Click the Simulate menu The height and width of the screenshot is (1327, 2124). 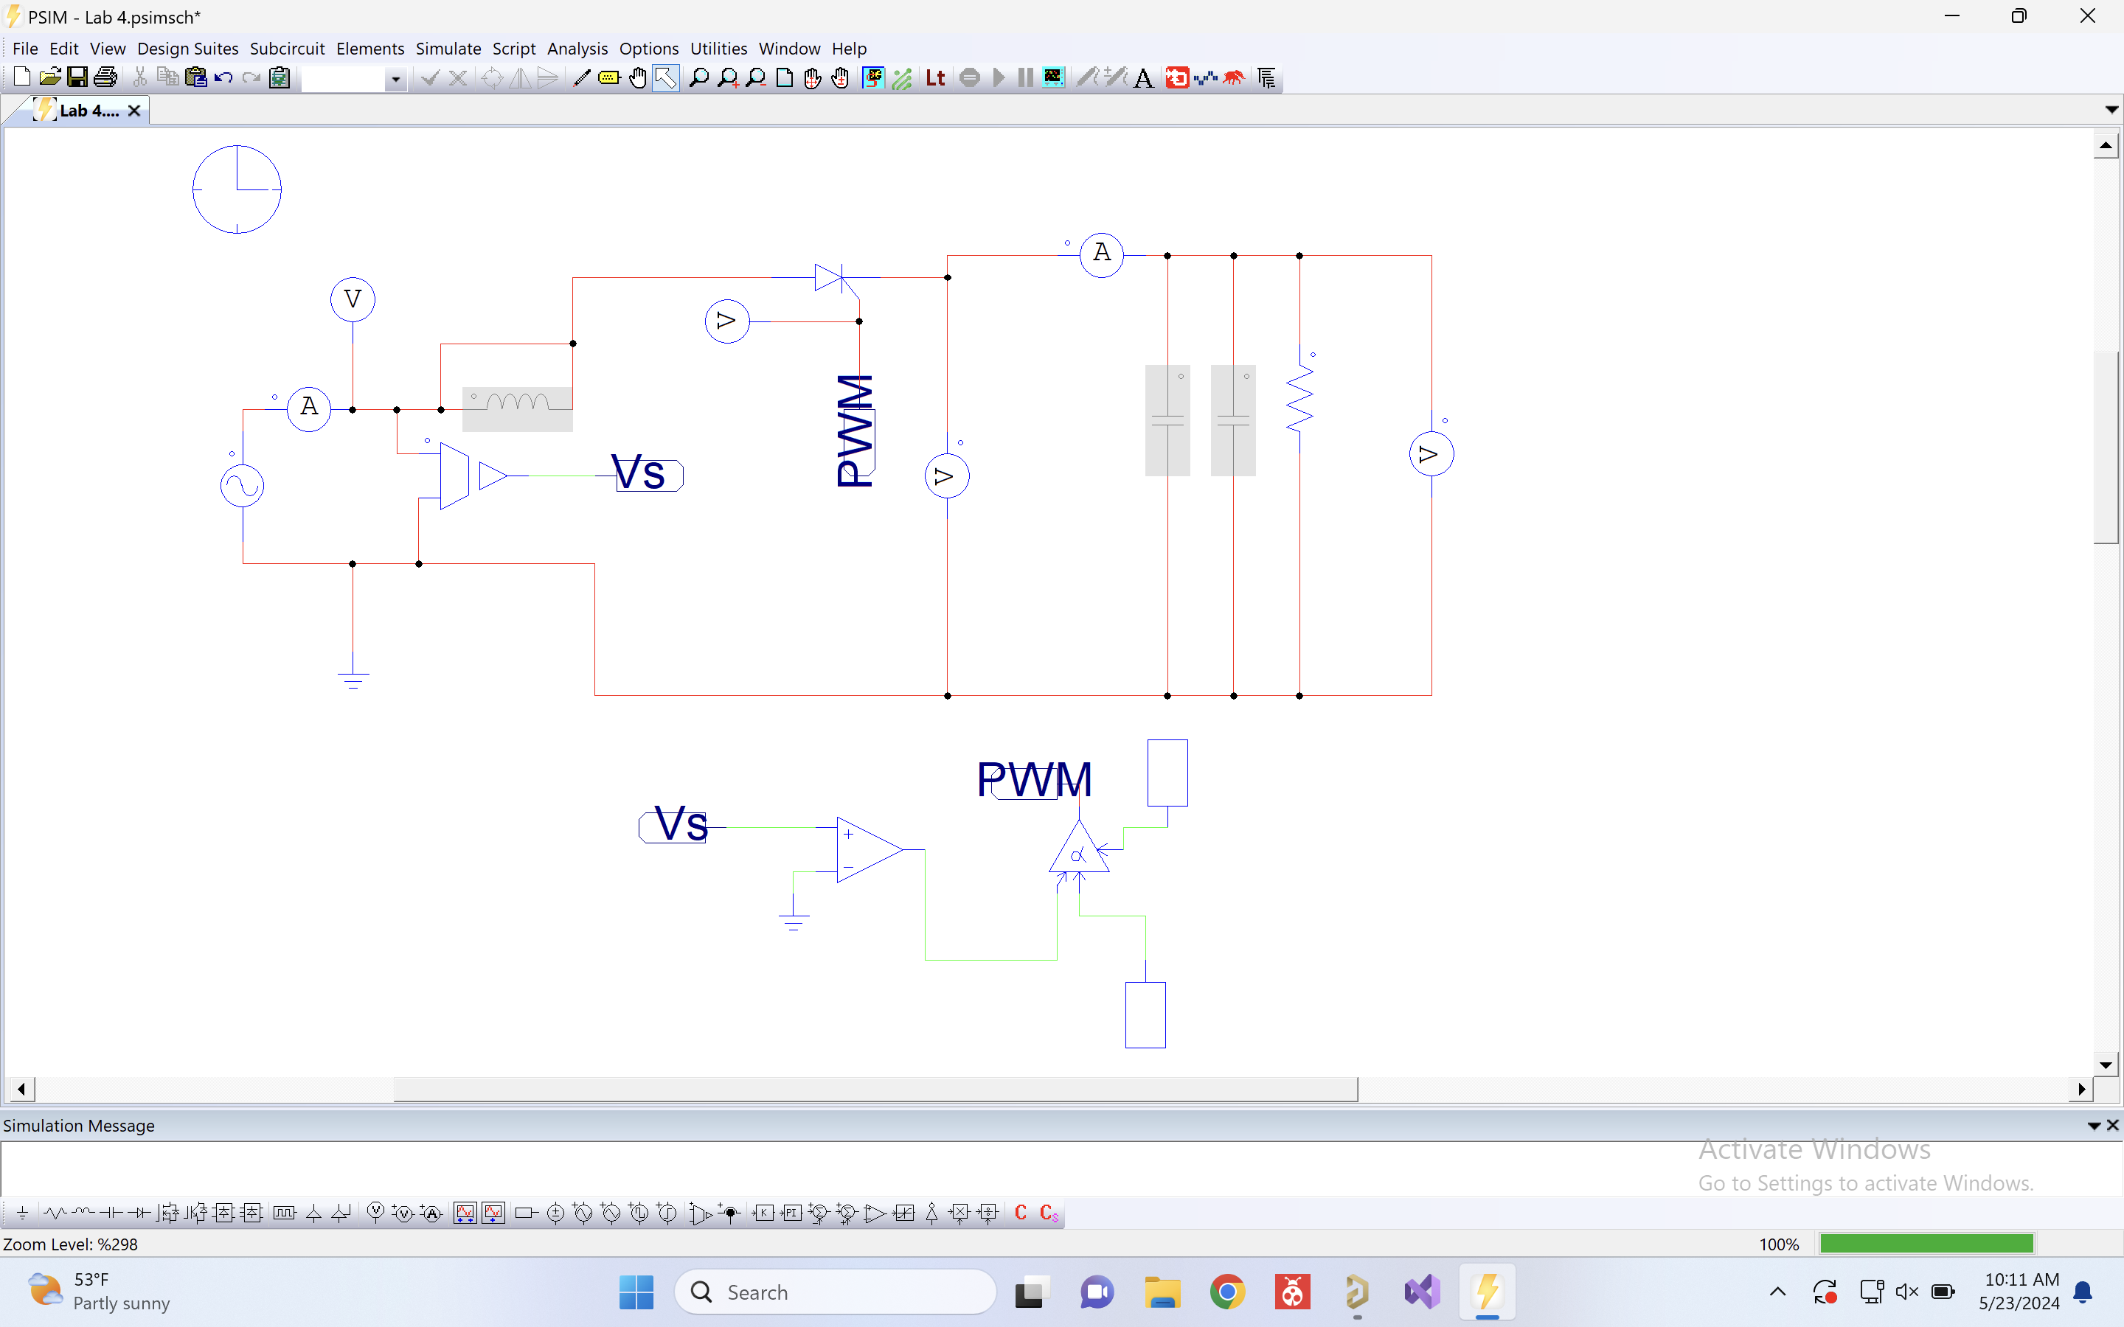448,48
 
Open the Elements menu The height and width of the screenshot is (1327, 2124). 369,48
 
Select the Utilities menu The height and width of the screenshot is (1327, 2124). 718,48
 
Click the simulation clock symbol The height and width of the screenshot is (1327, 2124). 237,189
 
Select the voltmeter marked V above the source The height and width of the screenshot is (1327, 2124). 353,300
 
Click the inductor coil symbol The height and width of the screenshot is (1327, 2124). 518,404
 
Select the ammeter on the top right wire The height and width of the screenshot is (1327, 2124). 1102,255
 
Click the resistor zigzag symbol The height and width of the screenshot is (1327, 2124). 1300,400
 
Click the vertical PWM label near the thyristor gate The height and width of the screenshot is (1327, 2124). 855,430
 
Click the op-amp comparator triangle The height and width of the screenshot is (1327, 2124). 867,849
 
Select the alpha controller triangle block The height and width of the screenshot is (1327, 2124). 1079,849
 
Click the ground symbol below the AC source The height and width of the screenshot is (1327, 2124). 353,678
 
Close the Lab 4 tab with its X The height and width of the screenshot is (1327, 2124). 134,111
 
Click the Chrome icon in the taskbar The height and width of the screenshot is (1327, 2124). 1227,1292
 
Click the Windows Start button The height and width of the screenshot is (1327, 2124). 636,1292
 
